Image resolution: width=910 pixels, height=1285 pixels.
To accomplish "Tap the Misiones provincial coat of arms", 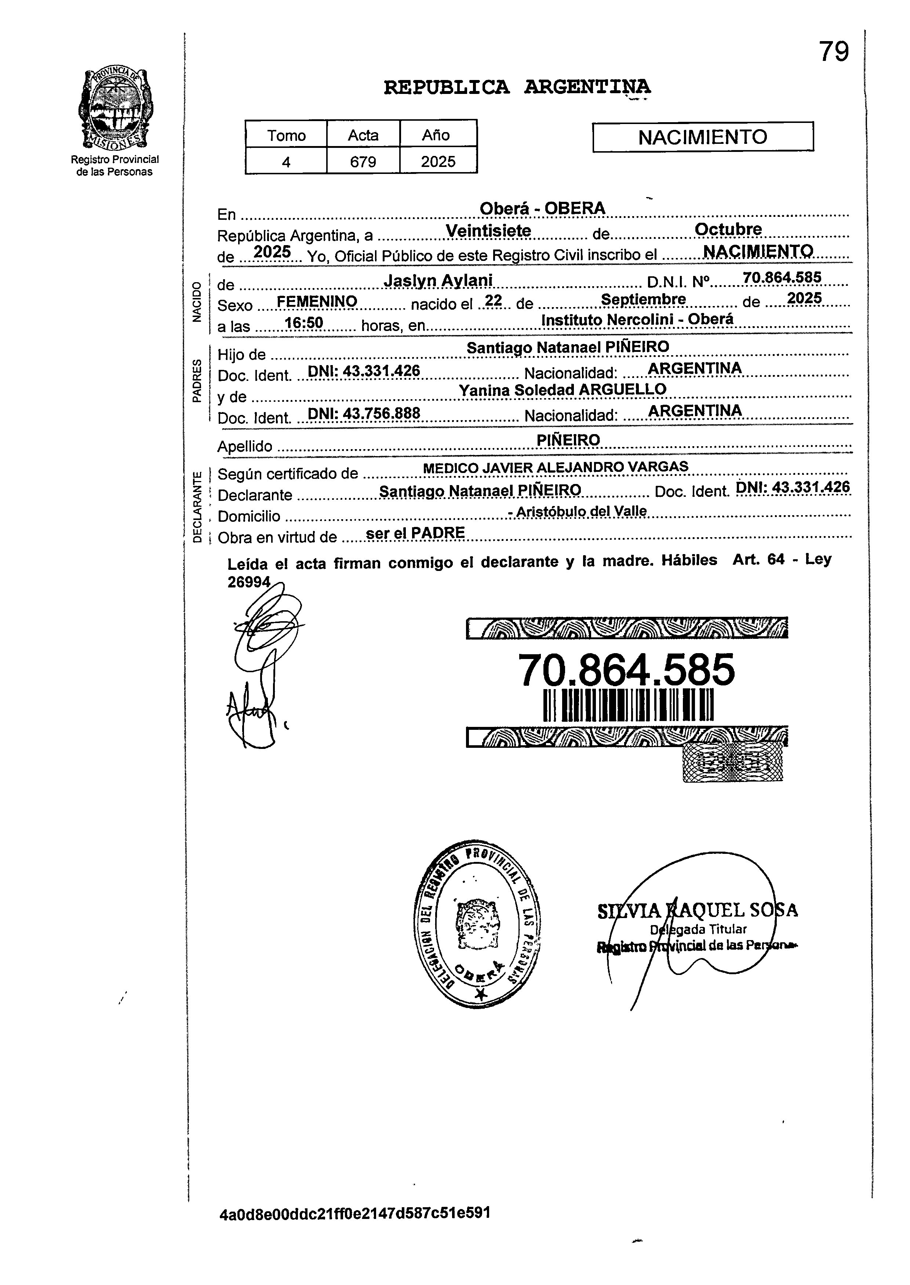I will tap(114, 109).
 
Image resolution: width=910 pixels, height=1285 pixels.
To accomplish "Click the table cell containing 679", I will tap(363, 162).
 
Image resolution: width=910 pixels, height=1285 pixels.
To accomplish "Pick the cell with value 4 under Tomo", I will tap(286, 162).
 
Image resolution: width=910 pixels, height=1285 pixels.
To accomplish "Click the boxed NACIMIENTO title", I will tap(703, 137).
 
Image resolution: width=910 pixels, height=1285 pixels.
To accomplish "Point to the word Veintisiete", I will tap(488, 231).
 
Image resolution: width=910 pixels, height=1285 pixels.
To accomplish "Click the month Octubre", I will tap(728, 230).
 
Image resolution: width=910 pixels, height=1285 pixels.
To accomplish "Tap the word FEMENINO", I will tap(317, 302).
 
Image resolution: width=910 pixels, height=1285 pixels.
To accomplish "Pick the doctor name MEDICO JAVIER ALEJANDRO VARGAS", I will tap(555, 467).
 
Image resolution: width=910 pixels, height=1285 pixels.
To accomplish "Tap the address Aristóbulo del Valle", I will tap(581, 511).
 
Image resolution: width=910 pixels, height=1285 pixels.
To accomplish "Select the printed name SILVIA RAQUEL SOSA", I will tap(698, 911).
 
